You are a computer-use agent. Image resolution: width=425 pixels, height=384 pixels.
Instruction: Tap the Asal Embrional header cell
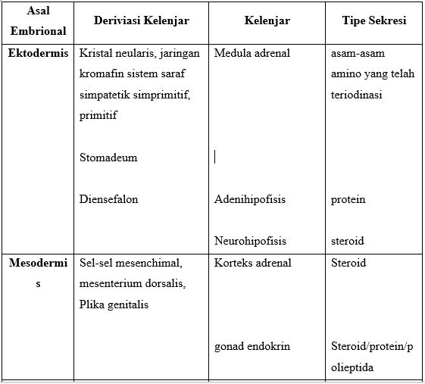pyautogui.click(x=37, y=22)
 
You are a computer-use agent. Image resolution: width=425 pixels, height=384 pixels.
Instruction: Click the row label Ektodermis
pyautogui.click(x=38, y=54)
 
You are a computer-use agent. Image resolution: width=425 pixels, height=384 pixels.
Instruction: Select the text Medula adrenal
pyautogui.click(x=252, y=54)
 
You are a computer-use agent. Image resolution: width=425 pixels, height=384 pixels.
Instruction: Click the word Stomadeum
pyautogui.click(x=108, y=158)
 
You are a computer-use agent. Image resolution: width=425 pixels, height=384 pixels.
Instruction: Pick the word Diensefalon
pyautogui.click(x=108, y=199)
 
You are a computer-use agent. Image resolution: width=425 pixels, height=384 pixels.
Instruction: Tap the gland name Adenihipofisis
pyautogui.click(x=250, y=199)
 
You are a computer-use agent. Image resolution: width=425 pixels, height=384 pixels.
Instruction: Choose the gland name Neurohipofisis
pyautogui.click(x=250, y=241)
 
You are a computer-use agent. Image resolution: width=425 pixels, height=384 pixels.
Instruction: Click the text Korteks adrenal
pyautogui.click(x=252, y=263)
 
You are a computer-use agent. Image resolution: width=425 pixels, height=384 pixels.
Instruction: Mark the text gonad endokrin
pyautogui.click(x=252, y=346)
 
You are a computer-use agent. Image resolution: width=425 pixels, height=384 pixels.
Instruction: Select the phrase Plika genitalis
pyautogui.click(x=114, y=304)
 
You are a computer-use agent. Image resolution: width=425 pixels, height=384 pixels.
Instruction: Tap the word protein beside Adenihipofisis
pyautogui.click(x=348, y=199)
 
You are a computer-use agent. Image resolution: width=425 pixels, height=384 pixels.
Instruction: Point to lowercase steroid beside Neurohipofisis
pyautogui.click(x=348, y=241)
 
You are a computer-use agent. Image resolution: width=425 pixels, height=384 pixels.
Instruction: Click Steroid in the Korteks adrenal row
pyautogui.click(x=348, y=263)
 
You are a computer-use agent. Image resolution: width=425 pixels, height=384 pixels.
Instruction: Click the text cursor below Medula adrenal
pyautogui.click(x=215, y=157)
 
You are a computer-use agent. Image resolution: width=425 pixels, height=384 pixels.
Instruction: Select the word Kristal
pyautogui.click(x=95, y=54)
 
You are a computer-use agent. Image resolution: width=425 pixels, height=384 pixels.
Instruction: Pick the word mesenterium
pyautogui.click(x=111, y=284)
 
